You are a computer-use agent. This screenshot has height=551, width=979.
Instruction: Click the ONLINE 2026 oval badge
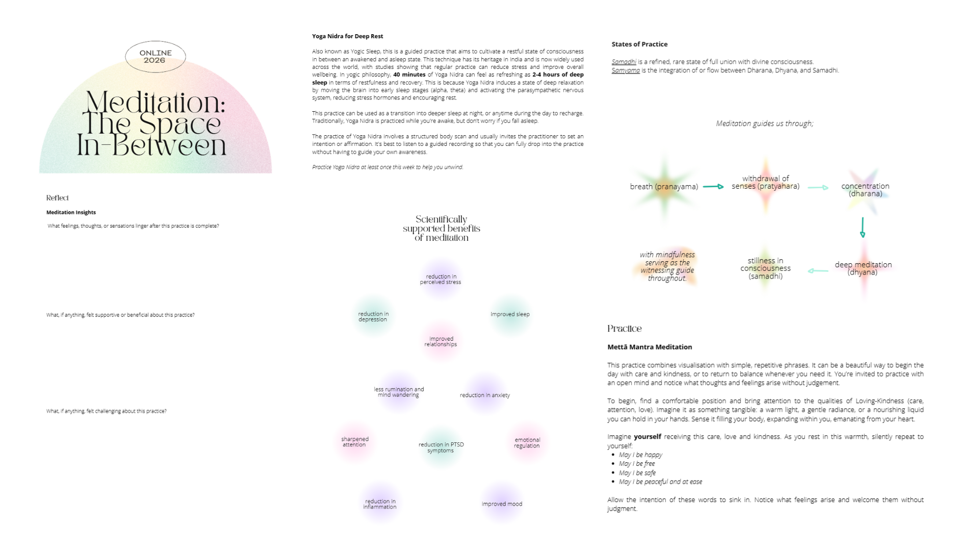[x=155, y=57]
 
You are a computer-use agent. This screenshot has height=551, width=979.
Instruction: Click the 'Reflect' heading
[x=57, y=198]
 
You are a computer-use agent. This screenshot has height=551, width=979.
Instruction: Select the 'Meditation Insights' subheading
[x=71, y=212]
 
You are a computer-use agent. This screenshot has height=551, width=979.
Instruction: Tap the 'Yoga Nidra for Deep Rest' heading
[x=347, y=36]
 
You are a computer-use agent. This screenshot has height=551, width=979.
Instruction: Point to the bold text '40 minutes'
[x=409, y=74]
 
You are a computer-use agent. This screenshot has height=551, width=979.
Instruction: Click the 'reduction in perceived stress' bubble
[x=441, y=279]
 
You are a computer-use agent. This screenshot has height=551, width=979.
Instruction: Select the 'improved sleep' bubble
[x=510, y=314]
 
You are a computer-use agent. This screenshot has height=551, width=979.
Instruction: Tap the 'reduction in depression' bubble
[x=373, y=317]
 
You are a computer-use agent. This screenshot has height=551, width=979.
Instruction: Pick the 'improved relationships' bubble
[x=441, y=341]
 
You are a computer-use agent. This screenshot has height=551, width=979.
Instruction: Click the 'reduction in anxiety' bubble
[x=484, y=395]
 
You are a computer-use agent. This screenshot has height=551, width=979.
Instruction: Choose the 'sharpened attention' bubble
[x=355, y=442]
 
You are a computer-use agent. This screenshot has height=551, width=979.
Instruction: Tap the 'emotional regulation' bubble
[x=527, y=442]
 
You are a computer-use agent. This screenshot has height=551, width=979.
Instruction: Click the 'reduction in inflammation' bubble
[x=380, y=504]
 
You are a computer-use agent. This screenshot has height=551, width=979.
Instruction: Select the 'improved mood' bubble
[x=502, y=504]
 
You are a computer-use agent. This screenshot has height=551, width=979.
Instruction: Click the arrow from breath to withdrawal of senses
[x=713, y=187]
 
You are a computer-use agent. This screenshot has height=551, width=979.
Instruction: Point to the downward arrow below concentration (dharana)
[x=862, y=228]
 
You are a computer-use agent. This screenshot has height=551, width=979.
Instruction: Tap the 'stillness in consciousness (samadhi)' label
[x=765, y=268]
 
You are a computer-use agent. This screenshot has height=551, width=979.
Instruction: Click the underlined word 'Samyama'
[x=626, y=70]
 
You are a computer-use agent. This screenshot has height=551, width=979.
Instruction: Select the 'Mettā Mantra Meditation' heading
[x=650, y=347]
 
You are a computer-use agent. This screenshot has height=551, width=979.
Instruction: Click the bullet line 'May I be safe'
[x=637, y=473]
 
